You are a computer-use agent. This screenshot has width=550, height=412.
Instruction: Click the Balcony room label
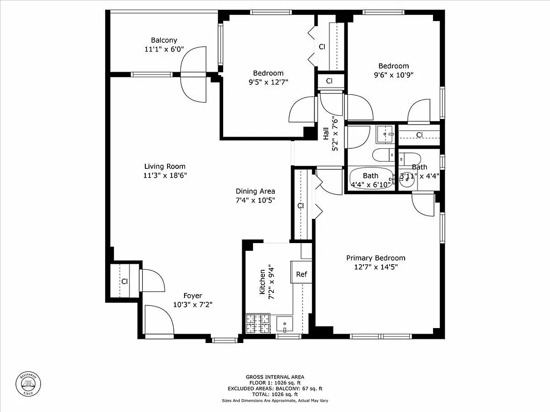[164, 40]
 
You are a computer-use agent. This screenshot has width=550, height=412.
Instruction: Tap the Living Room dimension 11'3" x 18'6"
[165, 175]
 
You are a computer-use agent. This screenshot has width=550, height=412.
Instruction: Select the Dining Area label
[255, 191]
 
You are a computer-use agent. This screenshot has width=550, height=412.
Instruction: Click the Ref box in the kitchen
[302, 274]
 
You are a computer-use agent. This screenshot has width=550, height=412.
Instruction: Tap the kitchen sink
[285, 324]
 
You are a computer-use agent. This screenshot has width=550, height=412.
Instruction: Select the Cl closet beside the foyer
[124, 281]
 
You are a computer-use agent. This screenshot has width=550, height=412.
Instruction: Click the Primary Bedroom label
[375, 258]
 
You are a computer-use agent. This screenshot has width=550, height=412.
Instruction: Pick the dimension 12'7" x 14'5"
[375, 267]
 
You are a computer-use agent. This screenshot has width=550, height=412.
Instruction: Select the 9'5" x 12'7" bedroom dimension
[268, 81]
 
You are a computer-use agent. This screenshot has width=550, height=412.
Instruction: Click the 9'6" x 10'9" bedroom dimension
[393, 74]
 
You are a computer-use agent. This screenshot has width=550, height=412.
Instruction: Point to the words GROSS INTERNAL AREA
[275, 377]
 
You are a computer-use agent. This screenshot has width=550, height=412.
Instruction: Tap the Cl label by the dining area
[301, 206]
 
